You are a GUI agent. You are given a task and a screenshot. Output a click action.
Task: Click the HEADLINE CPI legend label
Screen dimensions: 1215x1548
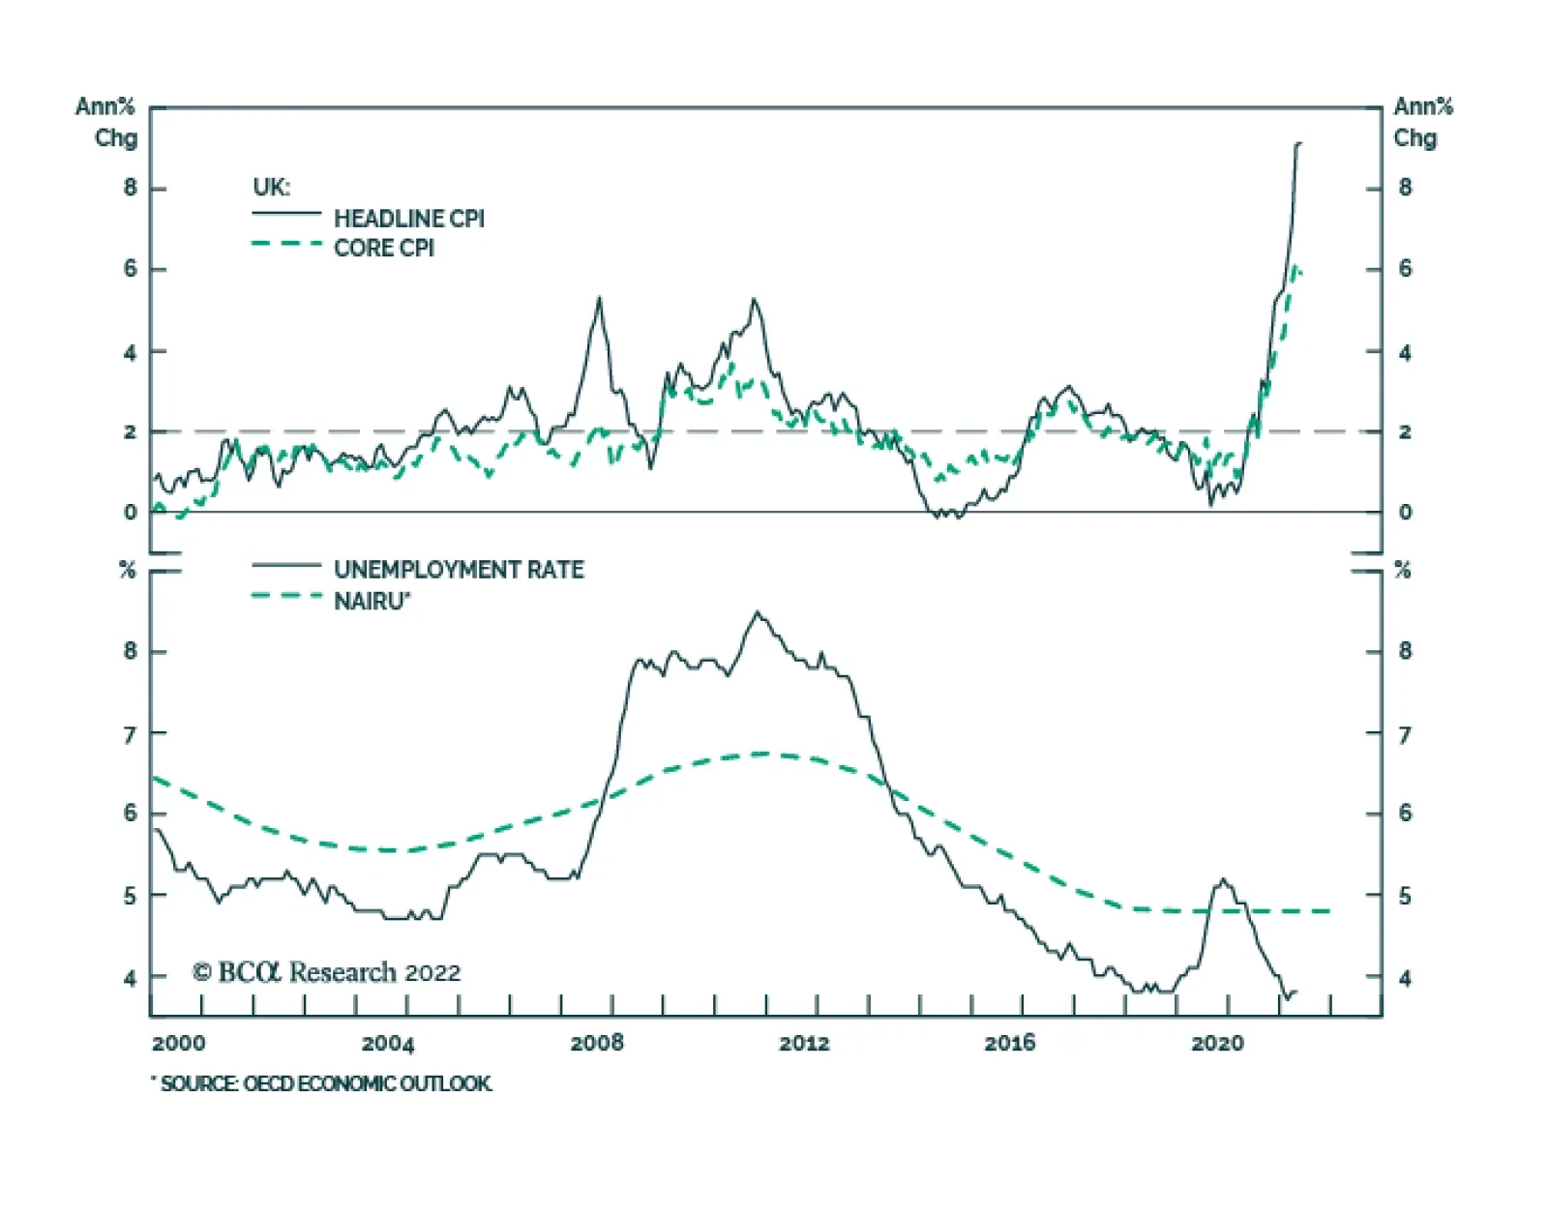coord(408,219)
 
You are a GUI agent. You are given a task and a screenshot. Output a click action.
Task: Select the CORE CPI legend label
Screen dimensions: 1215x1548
coord(383,249)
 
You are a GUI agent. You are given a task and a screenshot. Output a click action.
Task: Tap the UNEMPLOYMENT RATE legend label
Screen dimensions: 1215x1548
coord(459,570)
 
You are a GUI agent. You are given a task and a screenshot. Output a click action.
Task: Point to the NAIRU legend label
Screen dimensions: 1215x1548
coord(372,602)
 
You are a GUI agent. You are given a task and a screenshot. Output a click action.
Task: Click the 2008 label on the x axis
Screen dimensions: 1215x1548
coord(597,1043)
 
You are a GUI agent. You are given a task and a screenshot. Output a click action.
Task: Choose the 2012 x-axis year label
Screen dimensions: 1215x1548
coord(804,1043)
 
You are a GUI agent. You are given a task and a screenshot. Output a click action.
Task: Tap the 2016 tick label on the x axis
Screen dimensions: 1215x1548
coord(1009,1043)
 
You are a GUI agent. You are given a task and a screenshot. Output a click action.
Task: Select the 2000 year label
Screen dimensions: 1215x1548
coord(179,1043)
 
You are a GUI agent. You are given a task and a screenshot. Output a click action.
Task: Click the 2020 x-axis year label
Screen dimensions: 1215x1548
coord(1217,1043)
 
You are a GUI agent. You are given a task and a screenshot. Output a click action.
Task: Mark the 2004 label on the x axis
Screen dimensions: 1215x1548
coord(388,1043)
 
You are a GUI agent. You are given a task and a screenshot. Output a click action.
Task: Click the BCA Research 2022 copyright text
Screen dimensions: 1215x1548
coord(326,972)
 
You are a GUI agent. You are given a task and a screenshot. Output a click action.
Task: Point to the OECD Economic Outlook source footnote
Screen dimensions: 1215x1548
coord(322,1083)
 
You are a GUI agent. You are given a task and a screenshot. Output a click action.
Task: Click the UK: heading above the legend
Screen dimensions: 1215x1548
coord(271,187)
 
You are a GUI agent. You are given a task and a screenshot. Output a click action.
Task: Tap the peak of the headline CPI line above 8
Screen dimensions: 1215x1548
coord(1297,143)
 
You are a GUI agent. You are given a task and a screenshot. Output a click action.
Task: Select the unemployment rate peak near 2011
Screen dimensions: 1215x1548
coord(758,611)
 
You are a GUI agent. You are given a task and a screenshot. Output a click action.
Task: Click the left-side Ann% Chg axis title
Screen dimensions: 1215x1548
coord(106,122)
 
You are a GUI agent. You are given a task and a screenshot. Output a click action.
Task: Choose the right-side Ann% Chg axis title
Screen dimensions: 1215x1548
coord(1422,122)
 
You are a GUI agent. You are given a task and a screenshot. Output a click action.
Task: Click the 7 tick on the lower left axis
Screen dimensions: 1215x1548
coord(130,735)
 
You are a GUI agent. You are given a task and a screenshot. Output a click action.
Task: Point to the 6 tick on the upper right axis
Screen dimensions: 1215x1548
coord(1405,269)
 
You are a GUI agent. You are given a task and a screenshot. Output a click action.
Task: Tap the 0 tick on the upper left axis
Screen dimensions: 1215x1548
coord(130,513)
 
